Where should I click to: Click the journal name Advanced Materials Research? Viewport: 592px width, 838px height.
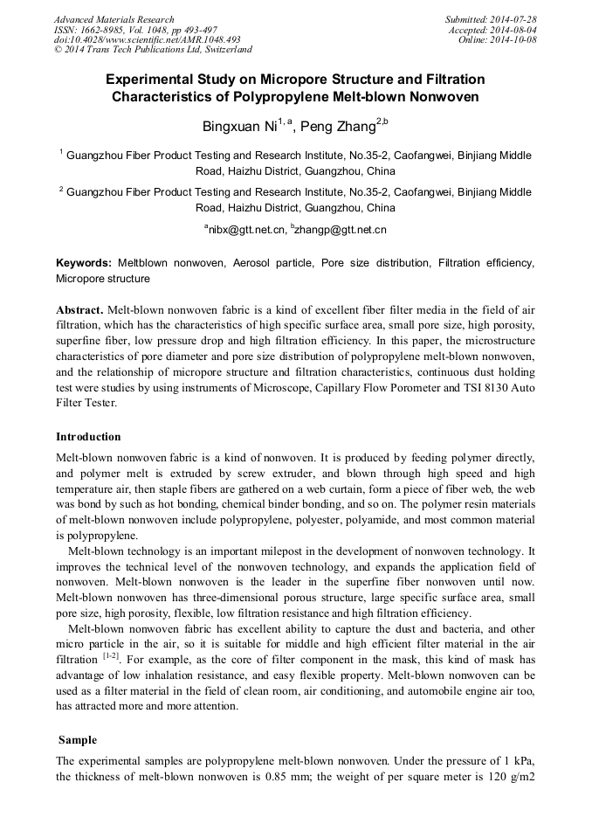point(114,19)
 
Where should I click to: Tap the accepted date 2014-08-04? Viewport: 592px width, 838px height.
point(514,30)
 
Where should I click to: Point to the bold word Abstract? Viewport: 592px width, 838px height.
point(79,310)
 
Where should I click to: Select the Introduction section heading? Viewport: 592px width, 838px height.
point(88,436)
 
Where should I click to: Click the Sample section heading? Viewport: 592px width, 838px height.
point(77,739)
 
